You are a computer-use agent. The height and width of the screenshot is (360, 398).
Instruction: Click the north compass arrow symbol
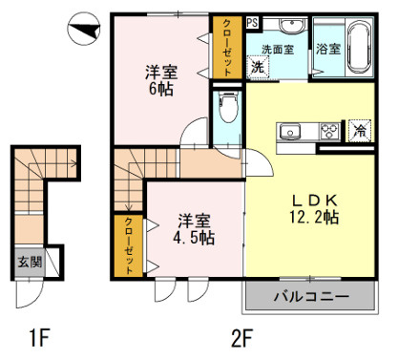(x=83, y=31)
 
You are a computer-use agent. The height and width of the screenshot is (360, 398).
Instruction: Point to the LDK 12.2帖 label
(x=314, y=207)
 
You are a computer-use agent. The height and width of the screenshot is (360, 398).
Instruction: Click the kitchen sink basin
(x=289, y=131)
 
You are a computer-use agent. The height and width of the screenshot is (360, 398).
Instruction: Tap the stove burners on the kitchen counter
(x=329, y=131)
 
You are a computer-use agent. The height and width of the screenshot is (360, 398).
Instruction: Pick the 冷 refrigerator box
(x=361, y=131)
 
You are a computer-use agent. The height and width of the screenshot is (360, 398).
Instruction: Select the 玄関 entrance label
(x=28, y=262)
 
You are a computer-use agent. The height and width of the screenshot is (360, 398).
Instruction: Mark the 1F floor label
(x=39, y=337)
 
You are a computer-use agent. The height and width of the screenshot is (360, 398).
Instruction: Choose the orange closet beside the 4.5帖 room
(x=129, y=246)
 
